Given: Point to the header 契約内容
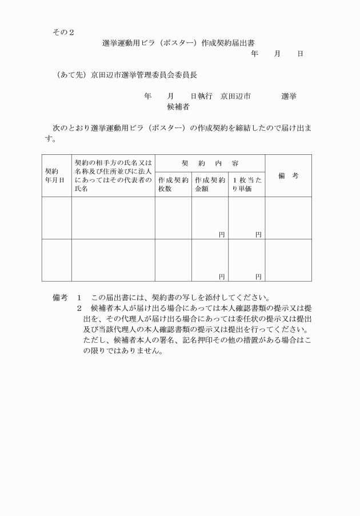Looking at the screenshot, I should [x=210, y=163].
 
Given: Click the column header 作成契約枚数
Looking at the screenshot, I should [x=173, y=184].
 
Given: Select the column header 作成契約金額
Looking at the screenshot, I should [x=210, y=184].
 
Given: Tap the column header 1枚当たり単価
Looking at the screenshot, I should [x=246, y=184].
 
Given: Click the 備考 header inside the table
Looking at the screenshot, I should [x=288, y=175].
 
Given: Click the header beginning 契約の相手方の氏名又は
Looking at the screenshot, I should [x=113, y=175].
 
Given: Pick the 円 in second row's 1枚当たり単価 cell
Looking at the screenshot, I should [x=258, y=277].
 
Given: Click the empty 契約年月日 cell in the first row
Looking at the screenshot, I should [x=56, y=218].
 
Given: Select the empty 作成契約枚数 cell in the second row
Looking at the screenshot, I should [x=173, y=260].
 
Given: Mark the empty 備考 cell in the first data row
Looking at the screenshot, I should [x=288, y=218].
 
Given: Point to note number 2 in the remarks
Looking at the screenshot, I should [x=79, y=309].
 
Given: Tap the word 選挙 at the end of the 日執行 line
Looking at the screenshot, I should [x=289, y=96].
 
